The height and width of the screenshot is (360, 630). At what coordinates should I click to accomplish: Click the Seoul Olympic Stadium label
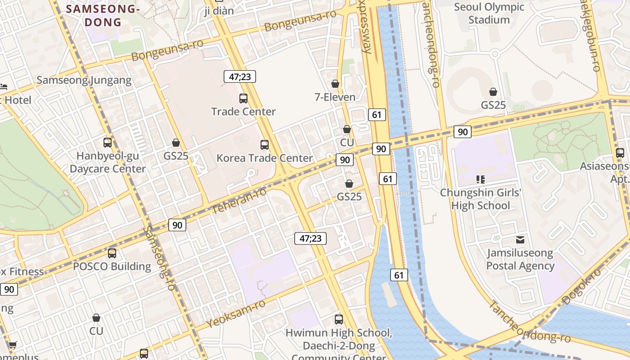(489, 13)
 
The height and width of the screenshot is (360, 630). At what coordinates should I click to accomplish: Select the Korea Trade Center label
(265, 158)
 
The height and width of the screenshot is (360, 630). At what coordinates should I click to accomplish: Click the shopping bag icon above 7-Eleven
(335, 84)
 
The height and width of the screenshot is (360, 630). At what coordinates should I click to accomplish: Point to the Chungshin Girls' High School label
(481, 199)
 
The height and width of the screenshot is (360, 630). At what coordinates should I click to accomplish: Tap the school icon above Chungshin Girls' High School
(480, 180)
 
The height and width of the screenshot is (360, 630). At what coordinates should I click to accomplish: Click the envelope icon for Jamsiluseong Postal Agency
(520, 240)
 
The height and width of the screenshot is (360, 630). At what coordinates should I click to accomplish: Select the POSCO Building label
(112, 266)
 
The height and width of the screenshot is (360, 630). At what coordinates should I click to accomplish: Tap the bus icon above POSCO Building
(112, 253)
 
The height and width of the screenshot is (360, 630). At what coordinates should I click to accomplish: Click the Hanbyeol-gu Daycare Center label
(108, 162)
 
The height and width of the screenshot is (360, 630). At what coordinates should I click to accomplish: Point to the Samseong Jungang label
(84, 80)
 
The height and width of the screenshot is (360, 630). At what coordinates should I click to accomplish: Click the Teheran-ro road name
(239, 200)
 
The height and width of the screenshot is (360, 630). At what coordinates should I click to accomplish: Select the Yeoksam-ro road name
(236, 314)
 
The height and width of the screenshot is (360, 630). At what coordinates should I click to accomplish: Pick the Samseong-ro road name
(159, 257)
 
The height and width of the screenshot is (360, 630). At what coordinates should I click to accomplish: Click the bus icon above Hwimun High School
(339, 319)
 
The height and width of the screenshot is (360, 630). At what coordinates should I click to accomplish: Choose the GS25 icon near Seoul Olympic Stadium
(493, 92)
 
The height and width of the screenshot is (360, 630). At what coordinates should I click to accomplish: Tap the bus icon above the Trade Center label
(243, 98)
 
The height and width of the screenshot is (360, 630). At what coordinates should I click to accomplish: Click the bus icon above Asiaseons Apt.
(620, 153)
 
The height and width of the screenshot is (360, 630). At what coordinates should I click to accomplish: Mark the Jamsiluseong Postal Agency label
(520, 259)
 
